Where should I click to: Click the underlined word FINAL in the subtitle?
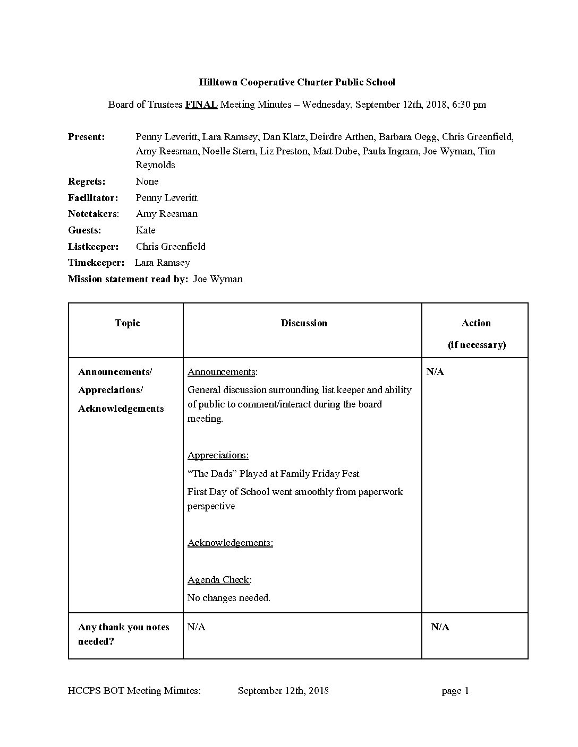coord(201,105)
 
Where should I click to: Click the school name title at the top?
coord(297,82)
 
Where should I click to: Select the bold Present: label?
coord(86,137)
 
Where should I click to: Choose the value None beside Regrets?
coord(147,181)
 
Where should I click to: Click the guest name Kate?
coord(146,230)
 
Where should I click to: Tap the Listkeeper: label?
coord(93,247)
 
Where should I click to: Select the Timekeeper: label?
coord(96,263)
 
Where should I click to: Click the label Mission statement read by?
coord(128,279)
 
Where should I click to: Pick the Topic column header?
coord(127,323)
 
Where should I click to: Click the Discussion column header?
coord(304,323)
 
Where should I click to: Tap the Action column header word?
coord(476,323)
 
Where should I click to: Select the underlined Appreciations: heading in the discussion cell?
coord(218,455)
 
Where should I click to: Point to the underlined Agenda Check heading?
coord(218,580)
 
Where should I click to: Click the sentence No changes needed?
coord(229,598)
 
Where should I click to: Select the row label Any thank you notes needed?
coord(123,634)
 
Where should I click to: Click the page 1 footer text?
coord(455,691)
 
